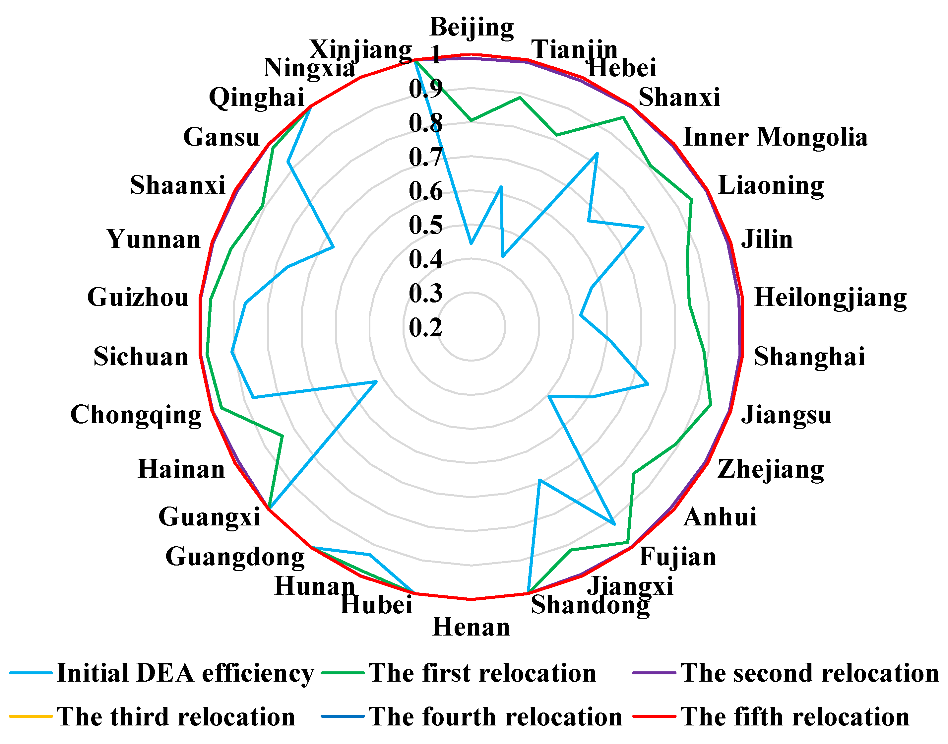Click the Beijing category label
(471, 28)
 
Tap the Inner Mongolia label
(775, 138)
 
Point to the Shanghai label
(809, 357)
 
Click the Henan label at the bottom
(471, 627)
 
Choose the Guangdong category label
(235, 557)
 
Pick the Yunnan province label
(154, 239)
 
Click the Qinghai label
(257, 97)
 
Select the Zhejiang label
(770, 470)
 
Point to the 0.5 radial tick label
(425, 225)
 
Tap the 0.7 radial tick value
(425, 157)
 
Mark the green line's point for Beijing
(471, 120)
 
